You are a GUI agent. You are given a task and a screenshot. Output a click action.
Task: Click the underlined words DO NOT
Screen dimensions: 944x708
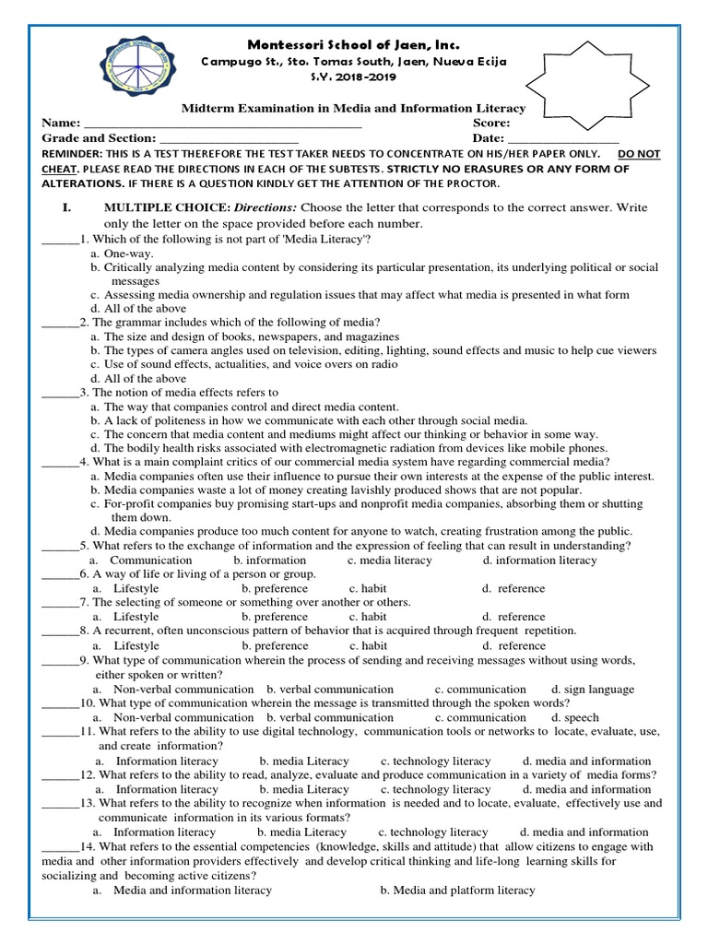pos(639,154)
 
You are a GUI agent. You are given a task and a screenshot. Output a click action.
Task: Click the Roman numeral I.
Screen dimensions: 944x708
pos(66,208)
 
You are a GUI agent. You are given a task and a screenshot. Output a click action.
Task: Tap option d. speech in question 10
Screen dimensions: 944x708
pos(574,717)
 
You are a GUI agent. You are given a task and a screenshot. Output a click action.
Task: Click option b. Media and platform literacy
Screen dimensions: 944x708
pos(457,890)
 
